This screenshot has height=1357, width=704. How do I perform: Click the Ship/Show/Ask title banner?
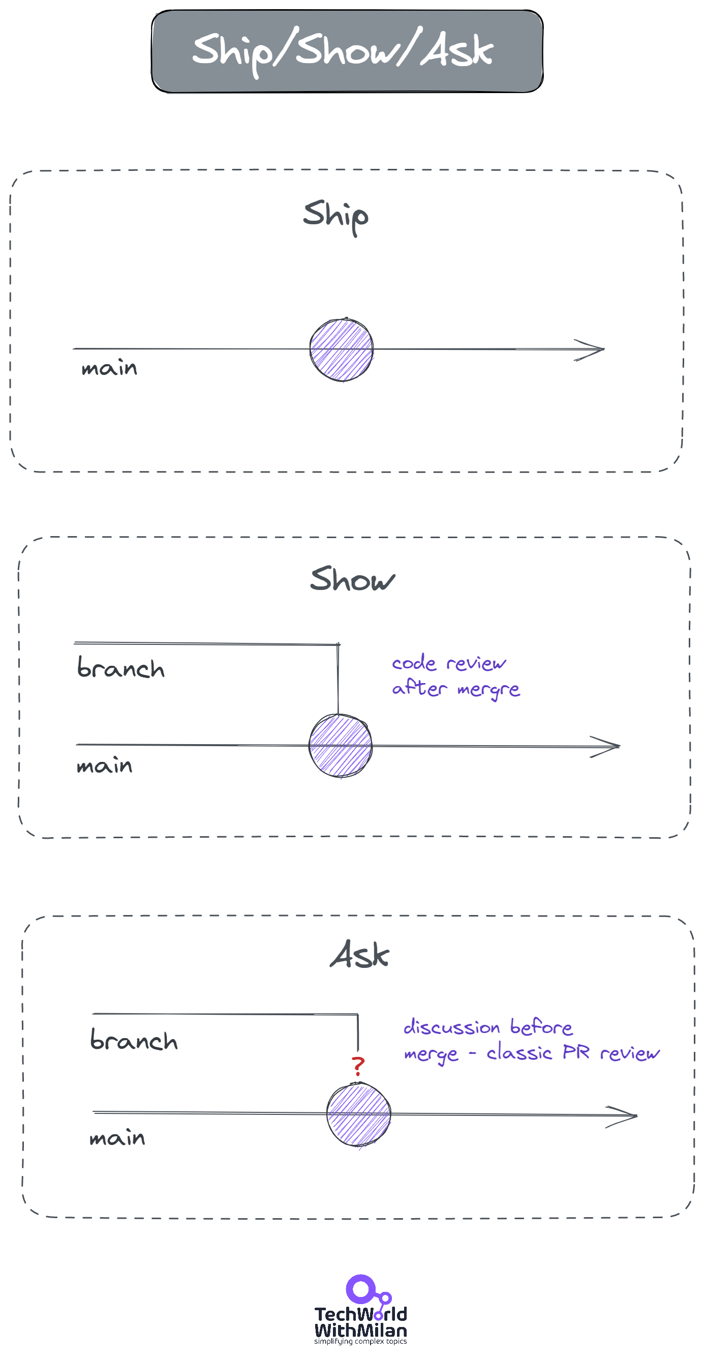[347, 51]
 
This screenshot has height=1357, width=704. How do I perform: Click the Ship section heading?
[335, 216]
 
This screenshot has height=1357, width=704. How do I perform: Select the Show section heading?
[352, 579]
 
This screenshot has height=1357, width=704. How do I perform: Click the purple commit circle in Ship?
[341, 349]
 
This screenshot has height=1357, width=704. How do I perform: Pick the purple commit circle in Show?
[340, 746]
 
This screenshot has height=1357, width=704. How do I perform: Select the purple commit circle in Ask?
[358, 1114]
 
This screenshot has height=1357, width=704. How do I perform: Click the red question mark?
[358, 1066]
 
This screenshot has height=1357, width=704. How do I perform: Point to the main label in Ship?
[109, 368]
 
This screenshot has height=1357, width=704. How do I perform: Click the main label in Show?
[104, 765]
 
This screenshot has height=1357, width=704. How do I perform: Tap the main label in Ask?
[117, 1138]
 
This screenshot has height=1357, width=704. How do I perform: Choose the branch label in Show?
[120, 667]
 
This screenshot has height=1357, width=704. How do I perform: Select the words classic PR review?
[572, 1052]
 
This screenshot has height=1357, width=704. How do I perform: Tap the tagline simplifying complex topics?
[360, 1341]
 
